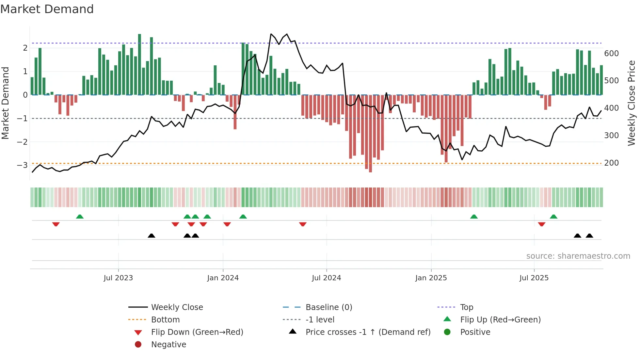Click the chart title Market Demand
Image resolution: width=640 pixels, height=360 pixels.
coord(47,9)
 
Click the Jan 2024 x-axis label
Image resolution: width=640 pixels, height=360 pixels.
coord(223,278)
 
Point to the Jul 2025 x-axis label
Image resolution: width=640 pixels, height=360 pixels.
coord(534,278)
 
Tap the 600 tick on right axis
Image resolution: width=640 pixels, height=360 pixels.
coord(611,54)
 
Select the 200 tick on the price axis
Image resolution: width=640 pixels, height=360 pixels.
coord(611,163)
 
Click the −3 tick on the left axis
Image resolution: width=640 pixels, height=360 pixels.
coord(22,165)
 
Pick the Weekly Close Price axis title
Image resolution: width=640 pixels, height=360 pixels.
coord(632,103)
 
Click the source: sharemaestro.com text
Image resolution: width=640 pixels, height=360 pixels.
coord(578,256)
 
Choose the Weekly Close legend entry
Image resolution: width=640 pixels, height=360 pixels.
coord(177,307)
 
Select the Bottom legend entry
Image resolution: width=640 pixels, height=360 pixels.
coord(165,320)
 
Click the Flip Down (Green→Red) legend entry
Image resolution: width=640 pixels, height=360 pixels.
coord(197,332)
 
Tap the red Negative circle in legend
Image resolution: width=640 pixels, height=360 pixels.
coord(138,345)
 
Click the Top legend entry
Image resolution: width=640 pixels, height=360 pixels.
coord(466,307)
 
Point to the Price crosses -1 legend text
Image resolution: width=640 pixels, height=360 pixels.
coord(368,332)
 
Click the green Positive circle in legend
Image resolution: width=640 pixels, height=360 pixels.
coord(447,332)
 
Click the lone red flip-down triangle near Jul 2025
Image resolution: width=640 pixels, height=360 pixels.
coord(542,224)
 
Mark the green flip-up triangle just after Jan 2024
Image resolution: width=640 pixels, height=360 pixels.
coord(243,217)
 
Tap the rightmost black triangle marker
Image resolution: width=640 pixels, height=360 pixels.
coord(589,236)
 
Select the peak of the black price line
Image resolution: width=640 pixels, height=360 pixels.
coord(271,34)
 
